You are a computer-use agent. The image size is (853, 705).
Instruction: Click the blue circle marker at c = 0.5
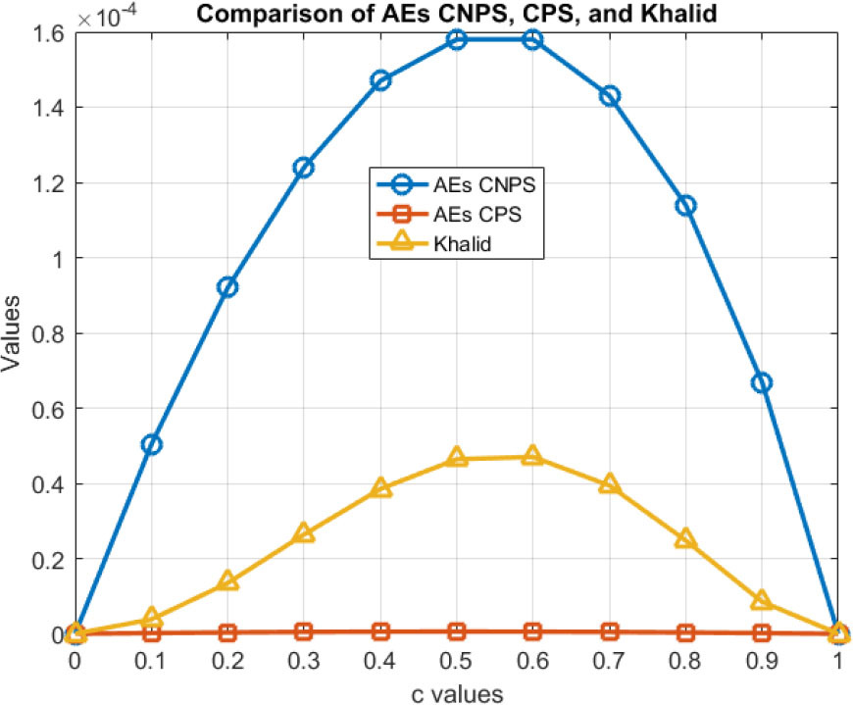pos(456,39)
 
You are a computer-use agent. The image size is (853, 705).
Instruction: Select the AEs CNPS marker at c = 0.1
pos(151,444)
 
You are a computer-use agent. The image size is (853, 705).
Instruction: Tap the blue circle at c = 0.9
pos(762,382)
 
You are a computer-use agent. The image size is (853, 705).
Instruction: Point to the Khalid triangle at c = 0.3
pos(304,533)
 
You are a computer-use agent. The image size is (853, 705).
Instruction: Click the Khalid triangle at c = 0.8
pos(685,539)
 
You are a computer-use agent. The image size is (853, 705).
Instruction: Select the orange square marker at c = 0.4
pos(380,631)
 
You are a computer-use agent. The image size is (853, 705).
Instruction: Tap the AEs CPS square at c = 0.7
pos(609,631)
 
